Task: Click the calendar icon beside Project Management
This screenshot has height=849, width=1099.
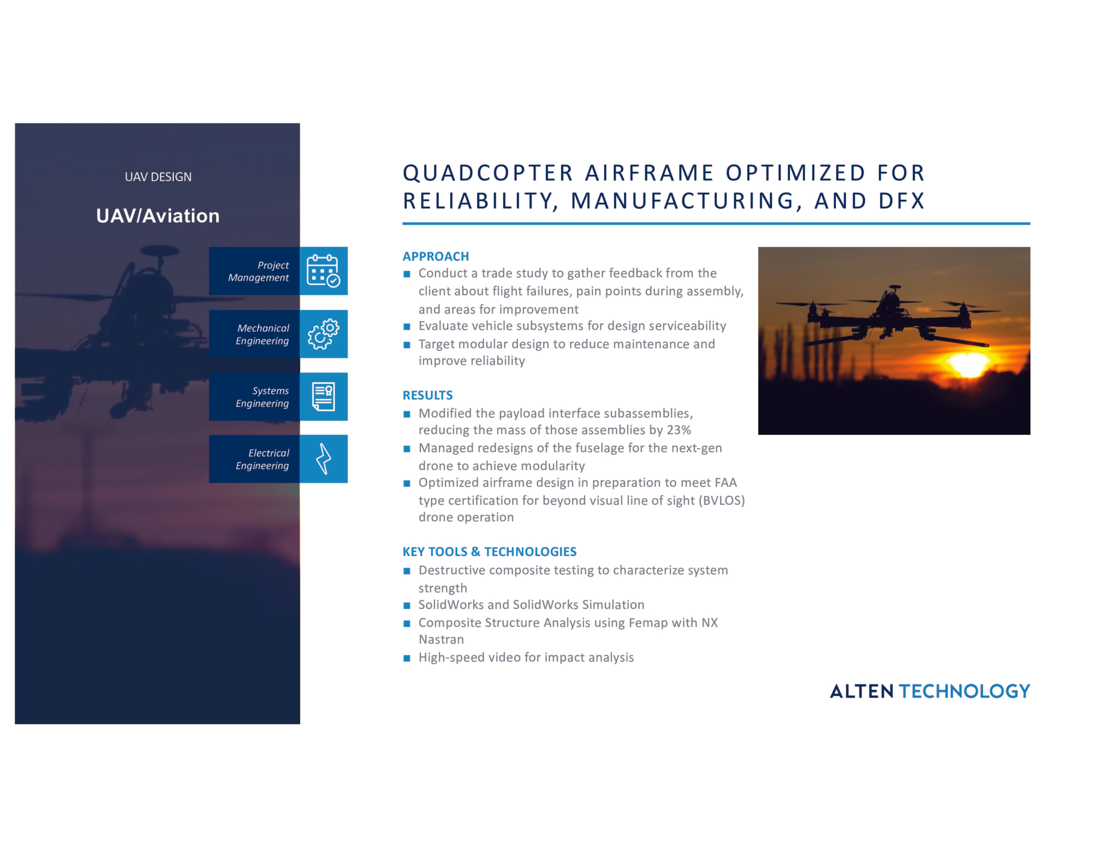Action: coord(323,270)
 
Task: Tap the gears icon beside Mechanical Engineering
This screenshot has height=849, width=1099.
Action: coord(323,334)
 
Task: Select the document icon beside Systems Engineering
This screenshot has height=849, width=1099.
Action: coord(323,396)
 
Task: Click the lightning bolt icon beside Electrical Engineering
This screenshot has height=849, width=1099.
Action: coord(323,459)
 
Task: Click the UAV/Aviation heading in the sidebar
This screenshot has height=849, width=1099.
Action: coord(158,216)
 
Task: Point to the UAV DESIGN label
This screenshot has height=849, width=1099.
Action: coord(158,177)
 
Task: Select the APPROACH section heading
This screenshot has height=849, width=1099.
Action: coord(436,256)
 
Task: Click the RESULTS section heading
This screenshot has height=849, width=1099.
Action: coord(428,395)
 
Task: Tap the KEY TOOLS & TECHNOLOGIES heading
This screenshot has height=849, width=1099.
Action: coord(490,552)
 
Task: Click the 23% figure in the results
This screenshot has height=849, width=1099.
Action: coord(679,430)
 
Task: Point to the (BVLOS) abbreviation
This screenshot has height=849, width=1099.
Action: coord(722,501)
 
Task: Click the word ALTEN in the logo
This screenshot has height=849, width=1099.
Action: coord(862,691)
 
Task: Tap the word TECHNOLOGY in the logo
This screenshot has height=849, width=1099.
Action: coord(964,691)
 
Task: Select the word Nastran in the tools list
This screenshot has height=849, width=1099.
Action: coord(441,640)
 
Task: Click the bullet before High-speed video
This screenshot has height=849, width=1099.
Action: coord(407,658)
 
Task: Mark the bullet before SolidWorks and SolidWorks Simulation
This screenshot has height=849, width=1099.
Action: coord(407,605)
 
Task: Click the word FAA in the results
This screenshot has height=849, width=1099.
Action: coord(725,483)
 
